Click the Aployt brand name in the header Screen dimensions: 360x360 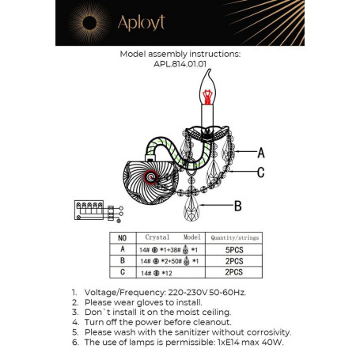143,23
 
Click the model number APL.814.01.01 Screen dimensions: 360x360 179,66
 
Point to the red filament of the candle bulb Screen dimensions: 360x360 209,97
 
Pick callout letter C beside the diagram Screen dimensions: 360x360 261,172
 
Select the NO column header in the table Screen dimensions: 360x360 121,237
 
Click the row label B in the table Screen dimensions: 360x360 121,260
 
